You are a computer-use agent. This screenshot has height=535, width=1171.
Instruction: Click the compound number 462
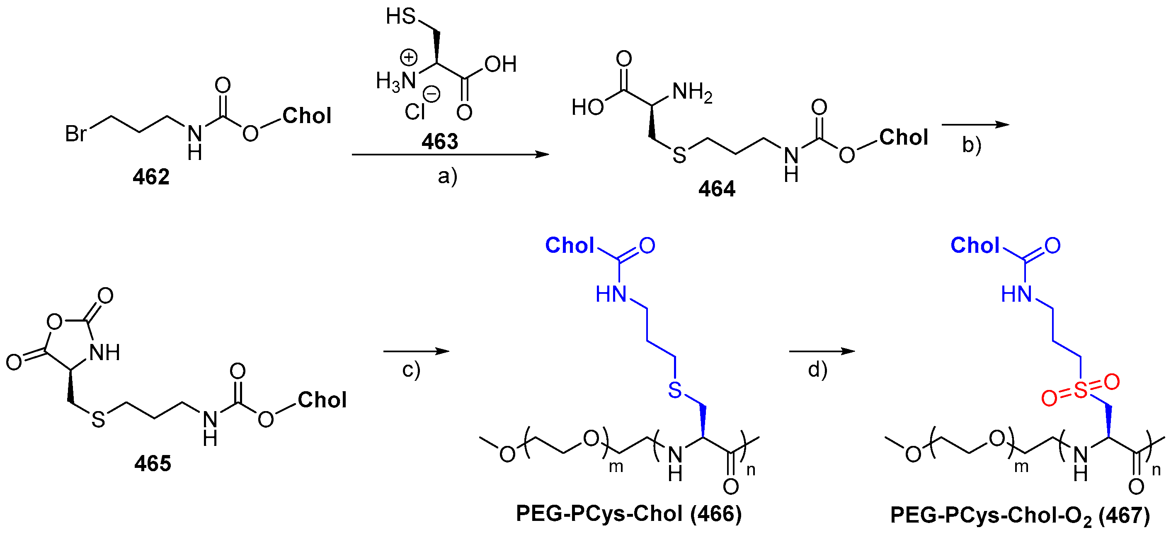point(151,177)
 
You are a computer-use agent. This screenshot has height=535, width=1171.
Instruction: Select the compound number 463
point(439,141)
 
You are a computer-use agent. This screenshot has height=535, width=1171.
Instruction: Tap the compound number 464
point(716,189)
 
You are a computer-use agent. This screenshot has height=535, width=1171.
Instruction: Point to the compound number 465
point(153,464)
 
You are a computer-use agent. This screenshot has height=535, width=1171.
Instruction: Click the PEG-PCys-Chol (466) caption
point(629,513)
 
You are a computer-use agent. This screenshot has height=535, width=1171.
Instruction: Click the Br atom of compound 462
point(75,133)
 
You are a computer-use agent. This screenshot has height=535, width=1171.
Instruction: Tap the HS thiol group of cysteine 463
point(400,17)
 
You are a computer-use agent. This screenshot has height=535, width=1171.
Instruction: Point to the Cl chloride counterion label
point(414,112)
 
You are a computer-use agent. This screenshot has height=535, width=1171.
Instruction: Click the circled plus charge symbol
point(408,58)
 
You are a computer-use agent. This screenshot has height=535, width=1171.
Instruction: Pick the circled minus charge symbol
point(432,94)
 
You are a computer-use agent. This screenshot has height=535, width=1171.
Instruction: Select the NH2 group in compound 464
point(692,92)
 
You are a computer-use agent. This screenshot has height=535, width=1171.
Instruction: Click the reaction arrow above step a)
point(450,155)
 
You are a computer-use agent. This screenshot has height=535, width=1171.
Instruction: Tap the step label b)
point(972,145)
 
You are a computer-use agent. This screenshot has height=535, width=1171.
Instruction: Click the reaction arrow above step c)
point(416,351)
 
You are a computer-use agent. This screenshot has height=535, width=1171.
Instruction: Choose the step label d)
point(817,370)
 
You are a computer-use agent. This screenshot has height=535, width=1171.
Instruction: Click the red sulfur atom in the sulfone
point(1081,390)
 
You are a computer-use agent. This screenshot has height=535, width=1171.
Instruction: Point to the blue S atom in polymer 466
point(675,390)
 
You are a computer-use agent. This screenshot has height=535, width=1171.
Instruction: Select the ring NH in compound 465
point(104,353)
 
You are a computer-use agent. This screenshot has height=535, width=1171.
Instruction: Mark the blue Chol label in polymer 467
point(975,245)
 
